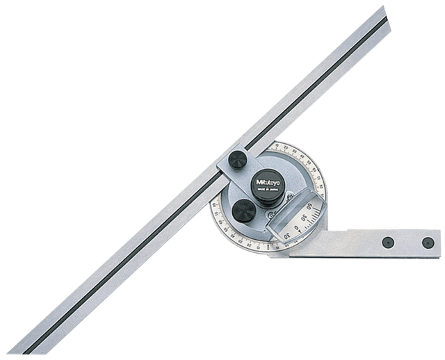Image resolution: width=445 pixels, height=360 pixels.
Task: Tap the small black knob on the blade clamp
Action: [237, 161]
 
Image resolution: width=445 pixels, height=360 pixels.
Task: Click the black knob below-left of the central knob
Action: [243, 211]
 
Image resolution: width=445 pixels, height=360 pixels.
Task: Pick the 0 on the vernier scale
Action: [298, 228]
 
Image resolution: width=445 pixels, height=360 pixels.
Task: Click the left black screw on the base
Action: [388, 242]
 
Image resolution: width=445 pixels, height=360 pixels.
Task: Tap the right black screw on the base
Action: [428, 243]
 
